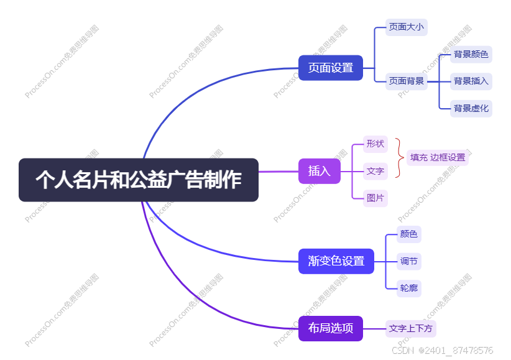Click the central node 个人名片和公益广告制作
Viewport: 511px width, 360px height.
coord(138,180)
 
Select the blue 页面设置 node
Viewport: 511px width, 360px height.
coord(330,68)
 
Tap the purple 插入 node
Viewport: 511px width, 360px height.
coord(320,171)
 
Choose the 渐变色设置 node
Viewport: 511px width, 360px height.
coord(336,261)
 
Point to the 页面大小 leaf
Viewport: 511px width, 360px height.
coord(407,27)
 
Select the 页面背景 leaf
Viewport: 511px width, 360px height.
coord(407,81)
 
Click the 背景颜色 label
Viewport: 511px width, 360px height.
coord(471,54)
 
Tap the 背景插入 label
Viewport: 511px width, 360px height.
coord(471,81)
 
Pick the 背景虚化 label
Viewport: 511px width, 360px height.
coord(471,108)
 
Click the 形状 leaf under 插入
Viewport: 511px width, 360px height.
coord(375,144)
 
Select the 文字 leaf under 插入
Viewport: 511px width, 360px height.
coord(375,171)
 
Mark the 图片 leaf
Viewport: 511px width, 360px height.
coord(375,198)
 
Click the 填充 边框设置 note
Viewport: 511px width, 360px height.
coord(438,157)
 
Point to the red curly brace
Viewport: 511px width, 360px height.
coord(398,158)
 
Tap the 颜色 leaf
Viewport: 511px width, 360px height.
coord(409,234)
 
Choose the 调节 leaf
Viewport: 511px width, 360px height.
coord(409,261)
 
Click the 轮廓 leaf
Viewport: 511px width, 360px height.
coord(409,288)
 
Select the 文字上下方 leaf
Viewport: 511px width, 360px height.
coord(411,328)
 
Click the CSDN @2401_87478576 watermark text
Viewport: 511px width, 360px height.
coord(443,351)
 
